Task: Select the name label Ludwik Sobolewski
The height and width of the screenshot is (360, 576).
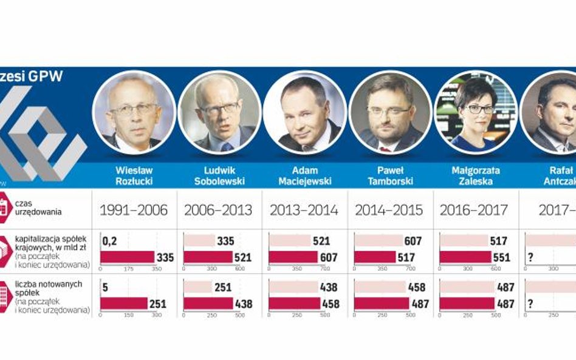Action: [x=219, y=175]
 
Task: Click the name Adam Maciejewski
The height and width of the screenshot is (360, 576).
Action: [x=304, y=175]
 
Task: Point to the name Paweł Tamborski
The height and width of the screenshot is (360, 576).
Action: [x=389, y=175]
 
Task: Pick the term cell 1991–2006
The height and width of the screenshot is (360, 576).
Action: [x=134, y=211]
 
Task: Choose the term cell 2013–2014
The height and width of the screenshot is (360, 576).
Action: [x=304, y=211]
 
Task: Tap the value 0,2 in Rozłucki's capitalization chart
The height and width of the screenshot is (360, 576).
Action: [x=109, y=241]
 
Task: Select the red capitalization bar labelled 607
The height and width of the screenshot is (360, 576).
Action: [x=293, y=257]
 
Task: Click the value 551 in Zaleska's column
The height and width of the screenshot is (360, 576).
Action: [x=502, y=257]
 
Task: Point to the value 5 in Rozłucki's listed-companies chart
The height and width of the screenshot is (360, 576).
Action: [x=105, y=287]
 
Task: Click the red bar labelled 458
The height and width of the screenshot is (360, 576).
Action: [x=295, y=303]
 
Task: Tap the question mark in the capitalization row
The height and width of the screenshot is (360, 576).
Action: [x=530, y=257]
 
